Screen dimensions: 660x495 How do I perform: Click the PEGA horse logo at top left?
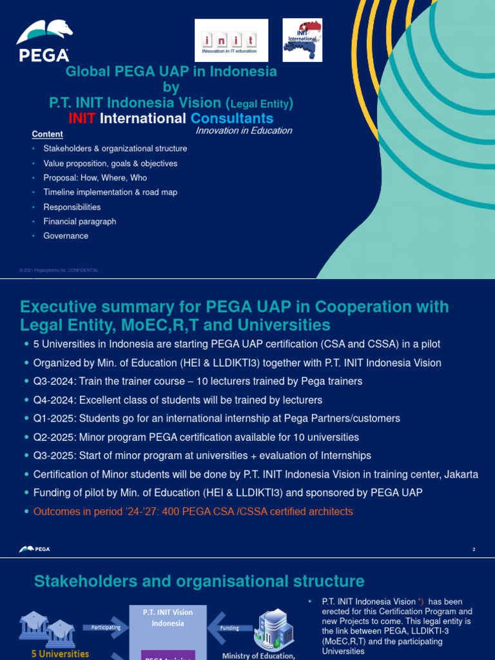(44, 41)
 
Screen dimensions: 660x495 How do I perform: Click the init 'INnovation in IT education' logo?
(231, 41)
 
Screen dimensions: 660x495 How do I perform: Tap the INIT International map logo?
(302, 40)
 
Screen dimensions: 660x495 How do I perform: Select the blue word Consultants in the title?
(231, 119)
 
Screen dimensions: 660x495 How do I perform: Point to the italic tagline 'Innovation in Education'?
(244, 131)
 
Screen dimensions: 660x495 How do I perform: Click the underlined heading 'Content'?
(48, 134)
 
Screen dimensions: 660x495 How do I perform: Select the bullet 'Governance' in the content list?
(66, 236)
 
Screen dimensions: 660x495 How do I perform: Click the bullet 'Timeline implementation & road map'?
(110, 192)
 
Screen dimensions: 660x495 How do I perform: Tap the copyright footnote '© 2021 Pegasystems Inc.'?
(59, 271)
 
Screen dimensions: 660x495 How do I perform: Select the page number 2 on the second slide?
(474, 550)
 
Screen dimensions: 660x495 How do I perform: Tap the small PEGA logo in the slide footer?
(35, 549)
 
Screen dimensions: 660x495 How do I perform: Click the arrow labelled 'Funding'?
(229, 628)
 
